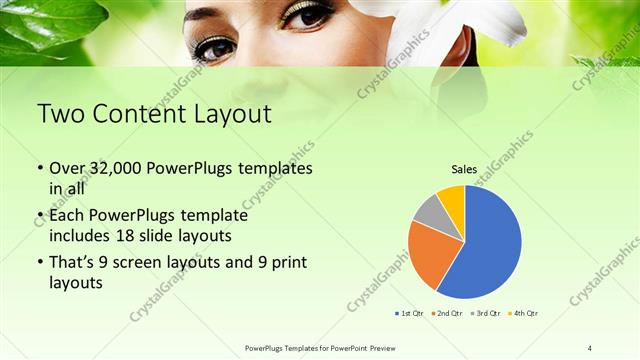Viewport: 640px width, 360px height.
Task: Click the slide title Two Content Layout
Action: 153,114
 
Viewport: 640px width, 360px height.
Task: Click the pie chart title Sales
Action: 464,171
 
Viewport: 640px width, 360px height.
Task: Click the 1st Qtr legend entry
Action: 409,313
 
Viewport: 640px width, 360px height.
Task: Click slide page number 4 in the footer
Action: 590,347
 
